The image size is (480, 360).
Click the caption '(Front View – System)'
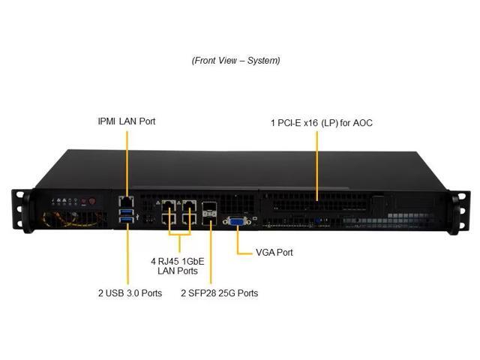click(235, 61)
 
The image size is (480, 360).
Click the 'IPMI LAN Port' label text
click(127, 121)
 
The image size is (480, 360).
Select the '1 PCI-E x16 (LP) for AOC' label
click(321, 122)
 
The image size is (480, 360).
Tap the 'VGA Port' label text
click(274, 253)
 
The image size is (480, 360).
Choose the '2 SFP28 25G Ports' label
click(219, 293)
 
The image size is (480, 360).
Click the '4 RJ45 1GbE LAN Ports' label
click(178, 266)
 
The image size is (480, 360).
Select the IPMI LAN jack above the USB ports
click(126, 201)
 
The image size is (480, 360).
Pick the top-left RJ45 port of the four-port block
click(168, 205)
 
